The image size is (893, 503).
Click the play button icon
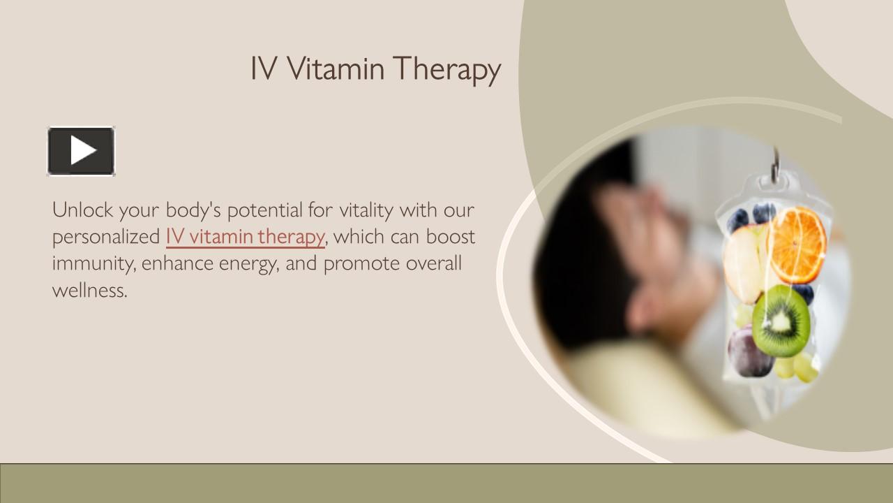[x=81, y=151]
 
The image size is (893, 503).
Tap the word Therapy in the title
[x=446, y=70]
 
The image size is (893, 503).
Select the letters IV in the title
[x=264, y=68]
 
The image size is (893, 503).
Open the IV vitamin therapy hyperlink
[x=245, y=237]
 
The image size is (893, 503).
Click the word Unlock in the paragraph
[x=82, y=210]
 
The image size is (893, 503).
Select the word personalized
[x=106, y=238]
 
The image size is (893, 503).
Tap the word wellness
[x=89, y=290]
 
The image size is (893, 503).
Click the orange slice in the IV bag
[x=797, y=245]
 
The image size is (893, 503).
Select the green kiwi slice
[x=781, y=321]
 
